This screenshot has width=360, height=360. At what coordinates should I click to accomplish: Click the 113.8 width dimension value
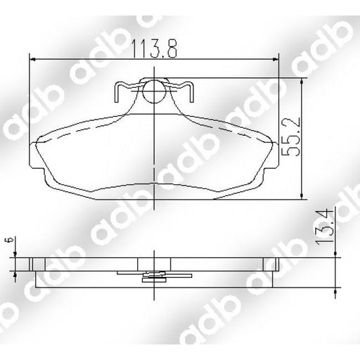click(x=154, y=49)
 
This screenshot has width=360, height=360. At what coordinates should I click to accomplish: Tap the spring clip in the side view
click(x=154, y=275)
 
